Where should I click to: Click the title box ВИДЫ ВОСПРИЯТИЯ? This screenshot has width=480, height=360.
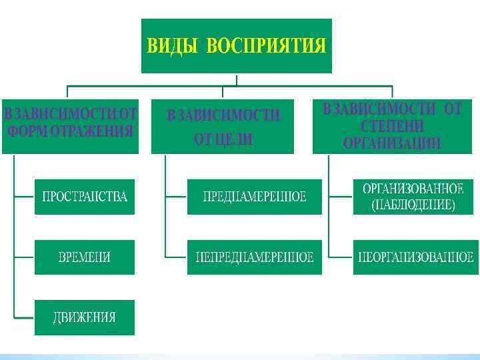tap(237, 45)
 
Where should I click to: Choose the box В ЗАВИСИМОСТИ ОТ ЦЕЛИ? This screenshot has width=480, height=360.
tap(223, 127)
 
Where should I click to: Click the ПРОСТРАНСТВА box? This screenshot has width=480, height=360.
tap(85, 197)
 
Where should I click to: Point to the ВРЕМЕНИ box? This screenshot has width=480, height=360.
tap(85, 257)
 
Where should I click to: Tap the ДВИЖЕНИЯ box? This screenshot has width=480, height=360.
tap(85, 317)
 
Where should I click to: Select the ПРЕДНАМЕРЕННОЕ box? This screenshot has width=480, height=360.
tap(255, 197)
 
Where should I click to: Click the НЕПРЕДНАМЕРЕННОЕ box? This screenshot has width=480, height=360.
tap(255, 257)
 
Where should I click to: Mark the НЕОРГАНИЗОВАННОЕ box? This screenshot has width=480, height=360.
tap(415, 257)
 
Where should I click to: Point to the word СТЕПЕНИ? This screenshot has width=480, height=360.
tap(392, 126)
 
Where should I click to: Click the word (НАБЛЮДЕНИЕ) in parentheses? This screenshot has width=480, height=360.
tap(413, 206)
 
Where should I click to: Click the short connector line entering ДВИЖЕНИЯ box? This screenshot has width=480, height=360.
tap(24, 317)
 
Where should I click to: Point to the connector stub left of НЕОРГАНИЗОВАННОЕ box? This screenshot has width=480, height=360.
tap(341, 257)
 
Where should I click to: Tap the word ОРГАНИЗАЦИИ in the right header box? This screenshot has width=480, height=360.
tap(392, 143)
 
